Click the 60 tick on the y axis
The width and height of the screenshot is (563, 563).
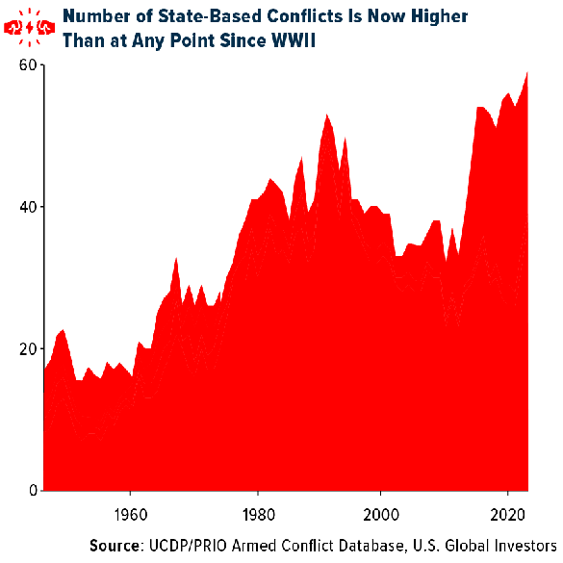click(x=28, y=64)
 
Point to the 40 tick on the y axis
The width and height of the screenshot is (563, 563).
click(x=28, y=207)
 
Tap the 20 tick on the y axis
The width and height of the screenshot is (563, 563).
click(x=28, y=348)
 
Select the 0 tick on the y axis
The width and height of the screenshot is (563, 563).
click(x=32, y=491)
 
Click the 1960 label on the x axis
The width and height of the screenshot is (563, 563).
click(x=130, y=512)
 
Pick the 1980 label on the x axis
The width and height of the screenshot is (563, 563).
click(x=256, y=512)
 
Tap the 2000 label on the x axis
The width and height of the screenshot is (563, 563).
click(x=382, y=512)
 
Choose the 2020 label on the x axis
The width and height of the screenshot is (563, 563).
click(x=508, y=512)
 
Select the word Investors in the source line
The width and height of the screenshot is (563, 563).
click(x=523, y=545)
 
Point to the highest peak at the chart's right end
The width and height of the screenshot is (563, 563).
click(x=527, y=73)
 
